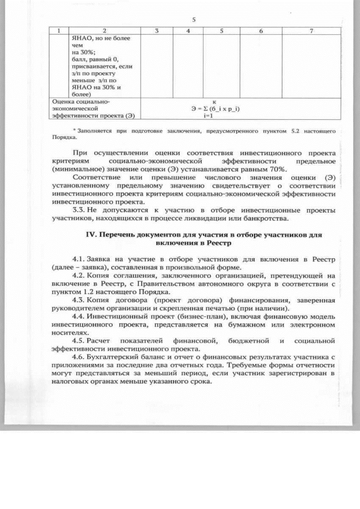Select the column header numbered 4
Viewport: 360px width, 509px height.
(x=188, y=30)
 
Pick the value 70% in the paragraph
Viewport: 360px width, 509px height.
(x=277, y=168)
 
